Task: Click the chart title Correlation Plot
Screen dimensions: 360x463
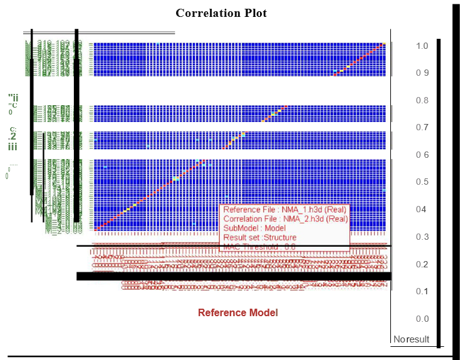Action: (x=221, y=13)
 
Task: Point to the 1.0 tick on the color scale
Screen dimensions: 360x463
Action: (x=422, y=46)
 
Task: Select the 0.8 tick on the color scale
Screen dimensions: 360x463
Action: (x=422, y=101)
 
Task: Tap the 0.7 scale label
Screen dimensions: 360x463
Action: (x=422, y=128)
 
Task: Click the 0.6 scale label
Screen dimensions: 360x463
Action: (x=422, y=155)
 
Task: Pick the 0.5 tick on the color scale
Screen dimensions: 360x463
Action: (x=422, y=182)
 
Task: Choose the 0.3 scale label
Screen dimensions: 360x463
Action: (x=422, y=237)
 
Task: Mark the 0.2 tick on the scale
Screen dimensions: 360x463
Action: (x=422, y=264)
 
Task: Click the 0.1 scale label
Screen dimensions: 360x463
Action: (x=422, y=292)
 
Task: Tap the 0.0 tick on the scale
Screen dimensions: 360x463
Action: (x=422, y=319)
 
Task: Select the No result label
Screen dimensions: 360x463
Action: (x=412, y=339)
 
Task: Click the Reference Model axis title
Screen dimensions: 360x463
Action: (x=238, y=312)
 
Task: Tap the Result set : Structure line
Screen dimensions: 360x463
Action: (x=260, y=238)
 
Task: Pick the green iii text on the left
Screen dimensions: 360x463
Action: (x=13, y=147)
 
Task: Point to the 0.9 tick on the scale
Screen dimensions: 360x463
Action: (x=422, y=73)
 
